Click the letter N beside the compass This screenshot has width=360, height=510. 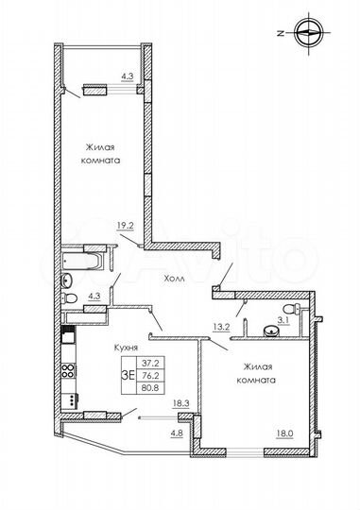pyautogui.click(x=281, y=31)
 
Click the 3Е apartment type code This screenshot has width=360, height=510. pyautogui.click(x=126, y=372)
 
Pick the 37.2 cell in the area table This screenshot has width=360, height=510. pyautogui.click(x=149, y=361)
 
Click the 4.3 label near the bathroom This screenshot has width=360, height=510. pyautogui.click(x=94, y=297)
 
